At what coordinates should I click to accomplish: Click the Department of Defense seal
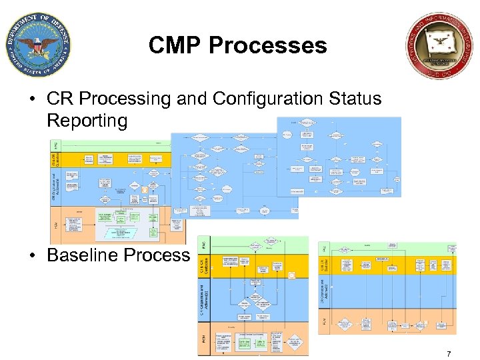pyautogui.click(x=37, y=45)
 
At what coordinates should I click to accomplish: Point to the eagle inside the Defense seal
pyautogui.click(x=37, y=45)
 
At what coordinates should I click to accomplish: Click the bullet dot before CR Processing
pyautogui.click(x=31, y=99)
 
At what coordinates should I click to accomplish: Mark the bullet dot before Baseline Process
pyautogui.click(x=31, y=255)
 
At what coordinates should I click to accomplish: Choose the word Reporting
pyautogui.click(x=87, y=121)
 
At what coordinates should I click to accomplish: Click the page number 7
pyautogui.click(x=449, y=354)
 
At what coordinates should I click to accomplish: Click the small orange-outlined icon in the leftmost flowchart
pyautogui.click(x=143, y=190)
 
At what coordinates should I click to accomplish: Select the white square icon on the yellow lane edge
pyautogui.click(x=291, y=275)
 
